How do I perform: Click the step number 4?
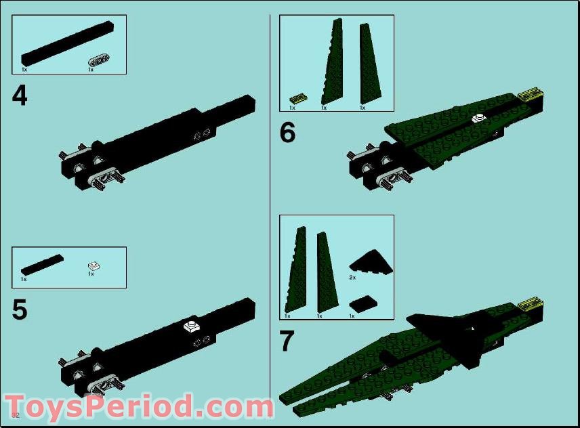(x=20, y=95)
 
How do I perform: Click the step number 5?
(x=20, y=309)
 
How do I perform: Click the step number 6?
(x=287, y=133)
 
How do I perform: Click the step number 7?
(x=287, y=341)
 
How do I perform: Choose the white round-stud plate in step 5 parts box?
(x=93, y=265)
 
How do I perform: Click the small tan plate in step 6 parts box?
(x=297, y=99)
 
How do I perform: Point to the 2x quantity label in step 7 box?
(x=352, y=277)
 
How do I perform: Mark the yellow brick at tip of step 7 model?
(x=529, y=304)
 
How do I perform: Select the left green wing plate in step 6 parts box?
(x=332, y=62)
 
